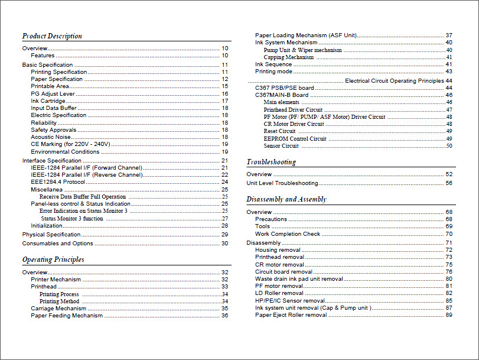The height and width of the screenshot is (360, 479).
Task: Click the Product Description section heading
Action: (x=52, y=36)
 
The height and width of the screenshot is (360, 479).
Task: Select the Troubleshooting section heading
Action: (x=271, y=162)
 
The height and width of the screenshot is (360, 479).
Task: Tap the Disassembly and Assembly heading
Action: (x=286, y=199)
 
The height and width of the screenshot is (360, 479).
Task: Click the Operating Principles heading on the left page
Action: (x=53, y=260)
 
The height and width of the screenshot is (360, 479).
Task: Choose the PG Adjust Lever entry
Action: (x=53, y=94)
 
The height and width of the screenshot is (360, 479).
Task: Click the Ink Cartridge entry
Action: (x=48, y=101)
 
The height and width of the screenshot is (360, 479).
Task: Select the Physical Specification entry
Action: (x=51, y=235)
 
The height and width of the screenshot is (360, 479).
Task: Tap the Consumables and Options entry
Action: (x=58, y=244)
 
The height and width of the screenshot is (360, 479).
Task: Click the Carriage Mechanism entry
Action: (x=58, y=309)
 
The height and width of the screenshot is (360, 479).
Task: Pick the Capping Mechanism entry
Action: (x=289, y=57)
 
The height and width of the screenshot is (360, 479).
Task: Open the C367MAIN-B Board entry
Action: (x=282, y=95)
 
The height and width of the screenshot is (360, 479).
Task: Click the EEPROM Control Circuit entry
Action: (x=295, y=139)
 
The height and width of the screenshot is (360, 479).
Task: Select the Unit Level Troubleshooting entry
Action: (x=282, y=183)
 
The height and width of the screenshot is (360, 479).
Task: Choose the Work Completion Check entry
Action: (x=288, y=234)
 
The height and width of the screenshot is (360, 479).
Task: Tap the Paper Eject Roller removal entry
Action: (x=291, y=315)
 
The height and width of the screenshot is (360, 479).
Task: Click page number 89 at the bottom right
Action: (x=449, y=315)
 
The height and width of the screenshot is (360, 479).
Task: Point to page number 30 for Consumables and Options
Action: (x=224, y=244)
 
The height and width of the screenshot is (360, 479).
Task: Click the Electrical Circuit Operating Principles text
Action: (x=394, y=81)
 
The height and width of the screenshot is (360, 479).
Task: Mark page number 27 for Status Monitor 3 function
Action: (x=224, y=219)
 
